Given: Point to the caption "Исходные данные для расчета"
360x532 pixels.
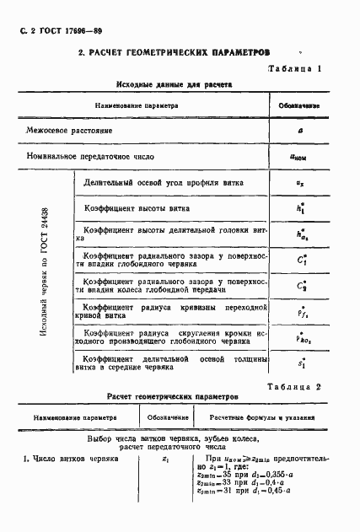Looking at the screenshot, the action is coord(174,84).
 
